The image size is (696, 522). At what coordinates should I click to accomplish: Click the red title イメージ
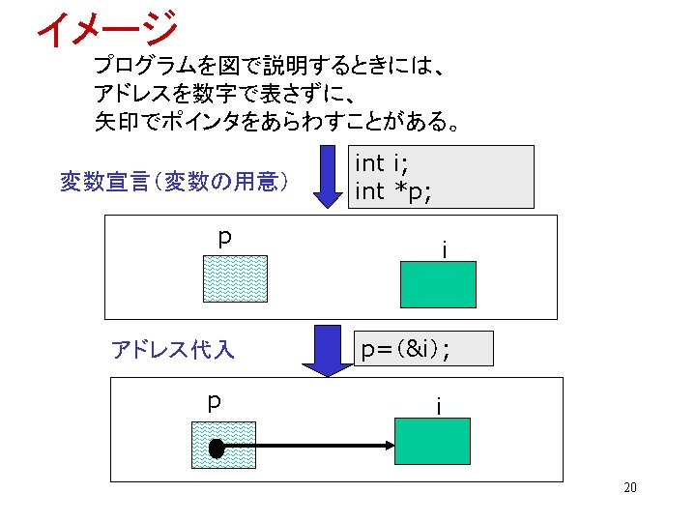[x=107, y=29]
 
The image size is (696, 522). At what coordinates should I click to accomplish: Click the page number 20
[x=629, y=487]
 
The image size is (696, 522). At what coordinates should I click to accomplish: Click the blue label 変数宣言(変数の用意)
[x=173, y=181]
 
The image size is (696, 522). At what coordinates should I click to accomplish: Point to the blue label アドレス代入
[x=173, y=349]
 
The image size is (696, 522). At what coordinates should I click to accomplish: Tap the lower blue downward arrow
[x=328, y=351]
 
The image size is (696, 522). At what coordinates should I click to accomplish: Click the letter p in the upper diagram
[x=224, y=237]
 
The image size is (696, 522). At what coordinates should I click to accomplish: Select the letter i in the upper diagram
[x=444, y=249]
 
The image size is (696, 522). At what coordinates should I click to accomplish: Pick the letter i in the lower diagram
[x=438, y=407]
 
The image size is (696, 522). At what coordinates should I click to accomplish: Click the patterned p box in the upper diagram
[x=235, y=279]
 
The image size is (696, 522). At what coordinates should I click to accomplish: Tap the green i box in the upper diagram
[x=438, y=284]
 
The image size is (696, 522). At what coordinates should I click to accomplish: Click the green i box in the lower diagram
[x=432, y=442]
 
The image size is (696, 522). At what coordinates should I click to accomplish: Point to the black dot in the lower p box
[x=216, y=449]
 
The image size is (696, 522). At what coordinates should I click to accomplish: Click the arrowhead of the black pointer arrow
[x=388, y=447]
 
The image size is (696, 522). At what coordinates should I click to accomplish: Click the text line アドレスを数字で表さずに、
[x=228, y=95]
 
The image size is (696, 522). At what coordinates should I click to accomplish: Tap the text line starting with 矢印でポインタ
[x=276, y=123]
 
